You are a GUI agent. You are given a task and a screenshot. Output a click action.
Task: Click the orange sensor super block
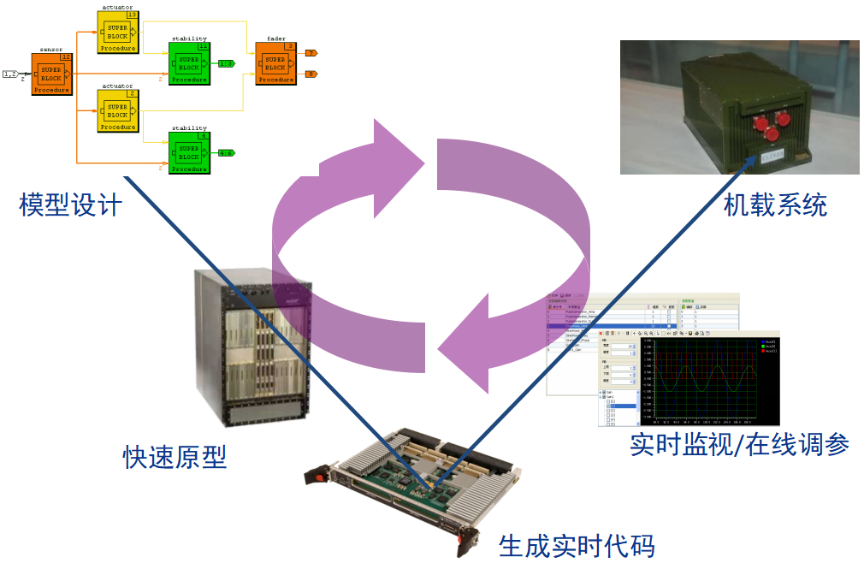point(51,74)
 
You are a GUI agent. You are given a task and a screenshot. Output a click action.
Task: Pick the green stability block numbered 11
point(189,62)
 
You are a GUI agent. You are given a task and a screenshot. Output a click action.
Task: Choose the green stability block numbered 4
point(189,152)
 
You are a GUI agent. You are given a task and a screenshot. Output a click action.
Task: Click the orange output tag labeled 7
point(311,53)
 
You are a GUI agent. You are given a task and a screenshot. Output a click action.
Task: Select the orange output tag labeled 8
point(311,74)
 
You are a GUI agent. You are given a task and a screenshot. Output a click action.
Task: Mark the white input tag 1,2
point(11,74)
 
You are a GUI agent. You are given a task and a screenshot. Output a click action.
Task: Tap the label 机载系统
point(775,205)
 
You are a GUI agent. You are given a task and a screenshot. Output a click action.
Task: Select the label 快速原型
point(175,457)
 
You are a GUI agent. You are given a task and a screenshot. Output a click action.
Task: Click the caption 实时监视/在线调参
point(739,444)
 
